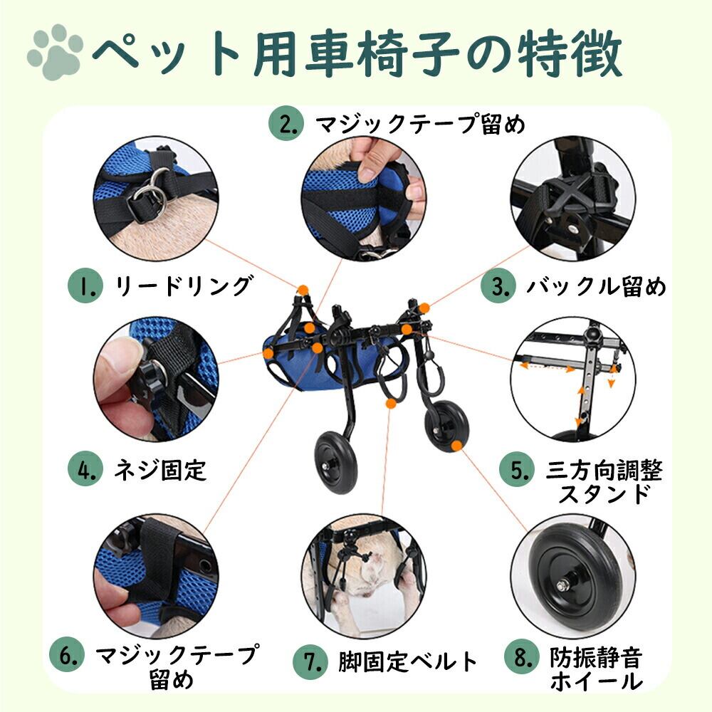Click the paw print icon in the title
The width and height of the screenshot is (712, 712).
(55, 51)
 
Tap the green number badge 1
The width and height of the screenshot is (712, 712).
(85, 286)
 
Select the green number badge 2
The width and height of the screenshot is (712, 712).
(286, 124)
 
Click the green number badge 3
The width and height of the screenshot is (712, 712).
(498, 286)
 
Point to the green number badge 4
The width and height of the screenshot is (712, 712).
(85, 469)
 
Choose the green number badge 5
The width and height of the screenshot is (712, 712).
(517, 471)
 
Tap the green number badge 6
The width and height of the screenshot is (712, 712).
(67, 656)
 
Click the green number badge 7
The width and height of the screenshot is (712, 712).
(310, 662)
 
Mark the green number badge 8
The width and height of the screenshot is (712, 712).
(522, 656)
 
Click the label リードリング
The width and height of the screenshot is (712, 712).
(182, 286)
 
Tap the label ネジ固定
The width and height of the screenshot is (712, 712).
(160, 470)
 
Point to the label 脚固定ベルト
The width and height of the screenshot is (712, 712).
(408, 662)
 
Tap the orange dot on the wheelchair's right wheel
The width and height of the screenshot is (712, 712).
(456, 446)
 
